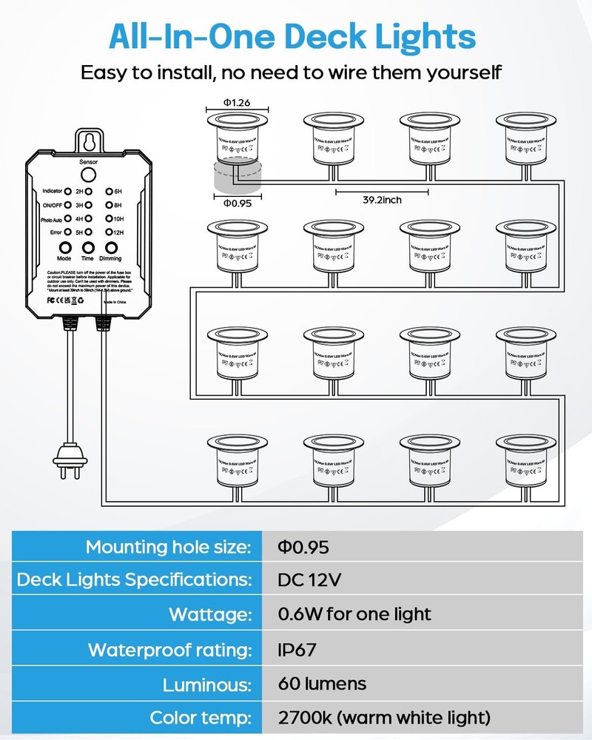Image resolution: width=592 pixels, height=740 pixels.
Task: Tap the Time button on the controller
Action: (x=88, y=249)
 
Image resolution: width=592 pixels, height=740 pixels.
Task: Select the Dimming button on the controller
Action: (x=110, y=249)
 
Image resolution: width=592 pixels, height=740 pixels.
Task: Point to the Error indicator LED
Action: (x=67, y=232)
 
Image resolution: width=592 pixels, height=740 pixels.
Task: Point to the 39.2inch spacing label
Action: (x=382, y=199)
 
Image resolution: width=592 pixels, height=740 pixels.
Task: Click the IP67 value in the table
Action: (x=298, y=650)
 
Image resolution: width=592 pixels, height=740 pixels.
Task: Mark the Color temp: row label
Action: (x=200, y=718)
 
